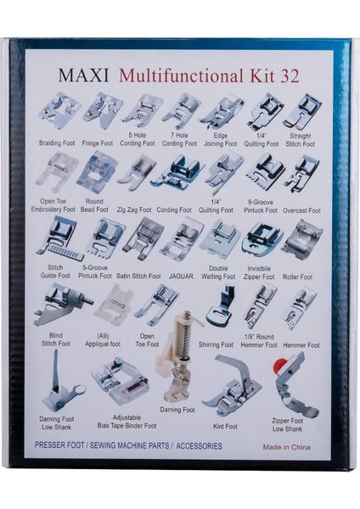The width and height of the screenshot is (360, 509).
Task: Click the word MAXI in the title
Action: pyautogui.click(x=83, y=75)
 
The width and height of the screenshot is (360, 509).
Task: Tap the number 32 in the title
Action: pyautogui.click(x=289, y=76)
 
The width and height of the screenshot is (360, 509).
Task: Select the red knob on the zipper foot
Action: pyautogui.click(x=279, y=365)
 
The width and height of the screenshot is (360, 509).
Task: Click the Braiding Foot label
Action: pyautogui.click(x=57, y=143)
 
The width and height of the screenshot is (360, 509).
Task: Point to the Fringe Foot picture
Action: pyautogui.click(x=101, y=109)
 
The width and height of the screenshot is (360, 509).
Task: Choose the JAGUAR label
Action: pyautogui.click(x=181, y=277)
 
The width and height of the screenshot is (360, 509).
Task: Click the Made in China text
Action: pyautogui.click(x=287, y=447)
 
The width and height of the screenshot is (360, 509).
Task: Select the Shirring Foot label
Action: pyautogui.click(x=216, y=344)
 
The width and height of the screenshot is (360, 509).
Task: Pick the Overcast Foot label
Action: pyautogui.click(x=301, y=210)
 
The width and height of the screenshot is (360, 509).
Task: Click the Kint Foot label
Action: pyautogui.click(x=225, y=426)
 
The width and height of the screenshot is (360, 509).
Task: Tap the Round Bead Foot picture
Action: pyautogui.click(x=96, y=174)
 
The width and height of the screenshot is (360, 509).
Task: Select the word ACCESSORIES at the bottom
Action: pyautogui.click(x=199, y=446)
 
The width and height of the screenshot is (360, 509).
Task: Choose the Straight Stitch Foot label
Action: pyautogui.click(x=301, y=140)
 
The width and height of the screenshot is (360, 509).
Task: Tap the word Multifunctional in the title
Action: pyautogui.click(x=181, y=76)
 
